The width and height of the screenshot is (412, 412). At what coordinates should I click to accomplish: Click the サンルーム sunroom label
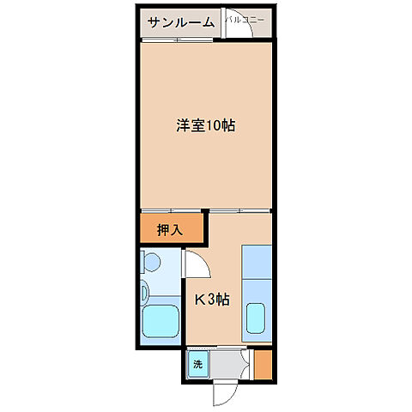(x=180, y=22)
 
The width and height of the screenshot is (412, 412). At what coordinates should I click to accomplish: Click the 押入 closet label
(x=170, y=229)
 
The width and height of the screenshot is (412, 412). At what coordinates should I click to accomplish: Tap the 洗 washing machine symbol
(x=197, y=364)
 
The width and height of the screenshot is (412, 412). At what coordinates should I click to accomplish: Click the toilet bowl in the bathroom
(x=151, y=262)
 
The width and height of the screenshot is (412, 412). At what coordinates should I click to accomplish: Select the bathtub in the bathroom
(x=160, y=322)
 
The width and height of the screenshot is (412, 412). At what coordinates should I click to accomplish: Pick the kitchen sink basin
(x=257, y=321)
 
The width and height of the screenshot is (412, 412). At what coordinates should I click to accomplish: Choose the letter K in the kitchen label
(x=198, y=300)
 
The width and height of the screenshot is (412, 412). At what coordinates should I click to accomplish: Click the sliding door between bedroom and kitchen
(x=240, y=211)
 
